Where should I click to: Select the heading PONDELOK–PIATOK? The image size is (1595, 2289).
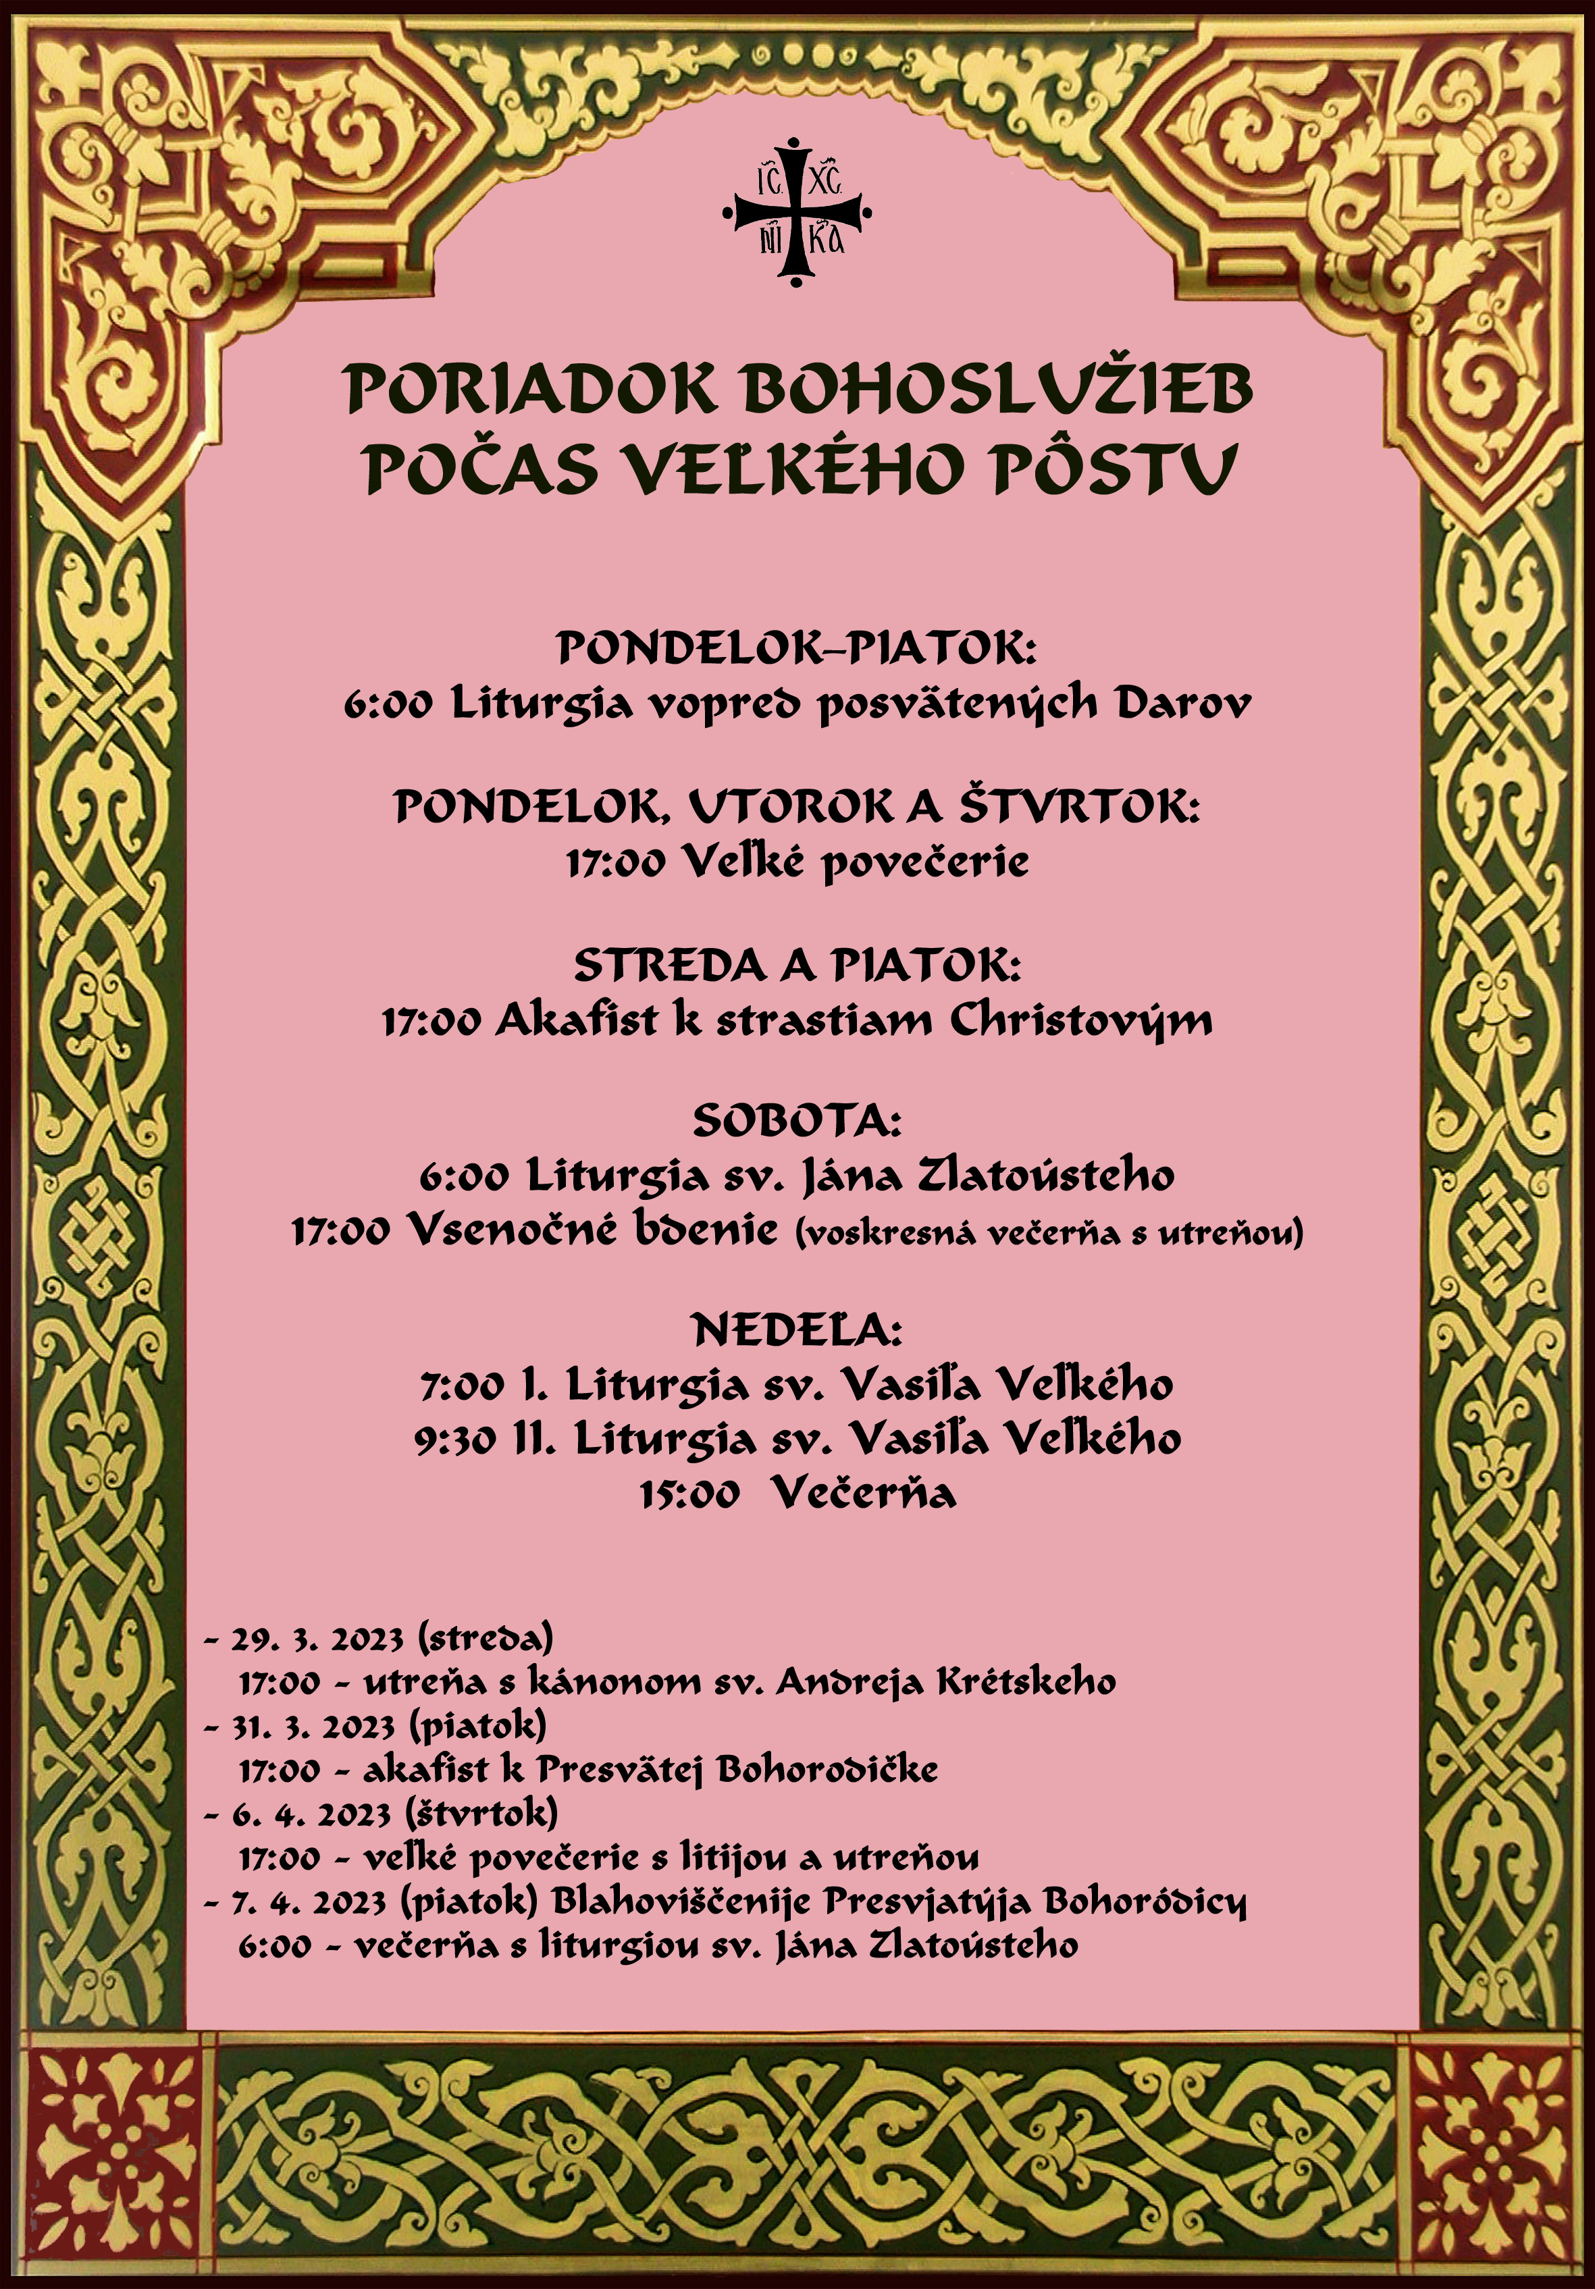click(797, 649)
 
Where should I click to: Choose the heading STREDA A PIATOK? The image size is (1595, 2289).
click(797, 965)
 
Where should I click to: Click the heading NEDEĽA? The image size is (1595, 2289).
click(797, 1330)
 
